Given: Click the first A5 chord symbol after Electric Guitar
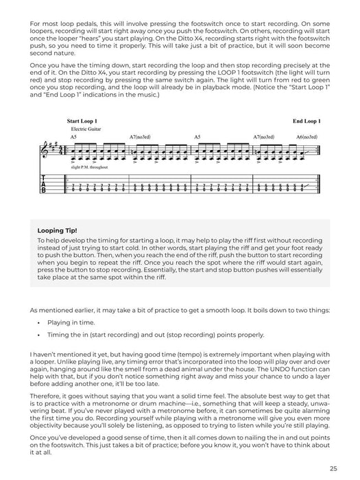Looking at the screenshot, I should point(73,137).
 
